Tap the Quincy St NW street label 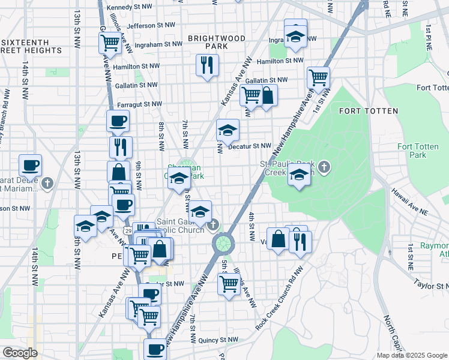[x=217, y=339]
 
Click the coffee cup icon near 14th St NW [x=30, y=166]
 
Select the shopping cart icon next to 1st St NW [x=318, y=77]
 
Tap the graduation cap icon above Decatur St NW [x=228, y=130]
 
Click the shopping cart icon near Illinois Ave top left [x=110, y=43]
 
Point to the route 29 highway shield [x=127, y=230]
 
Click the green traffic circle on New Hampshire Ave [x=223, y=243]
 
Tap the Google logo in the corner [x=20, y=353]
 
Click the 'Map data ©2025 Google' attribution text [x=412, y=355]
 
